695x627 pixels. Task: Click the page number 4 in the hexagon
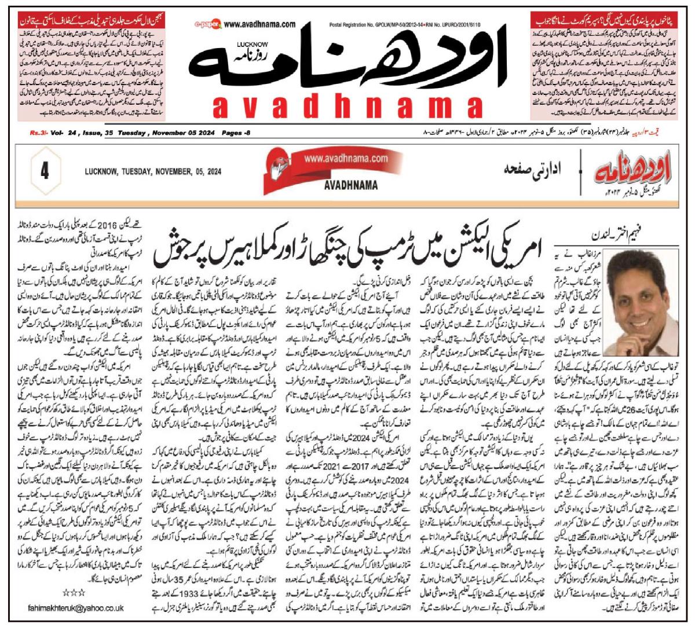(45, 172)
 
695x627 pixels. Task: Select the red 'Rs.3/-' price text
(39, 133)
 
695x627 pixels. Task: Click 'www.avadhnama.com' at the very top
(258, 25)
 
